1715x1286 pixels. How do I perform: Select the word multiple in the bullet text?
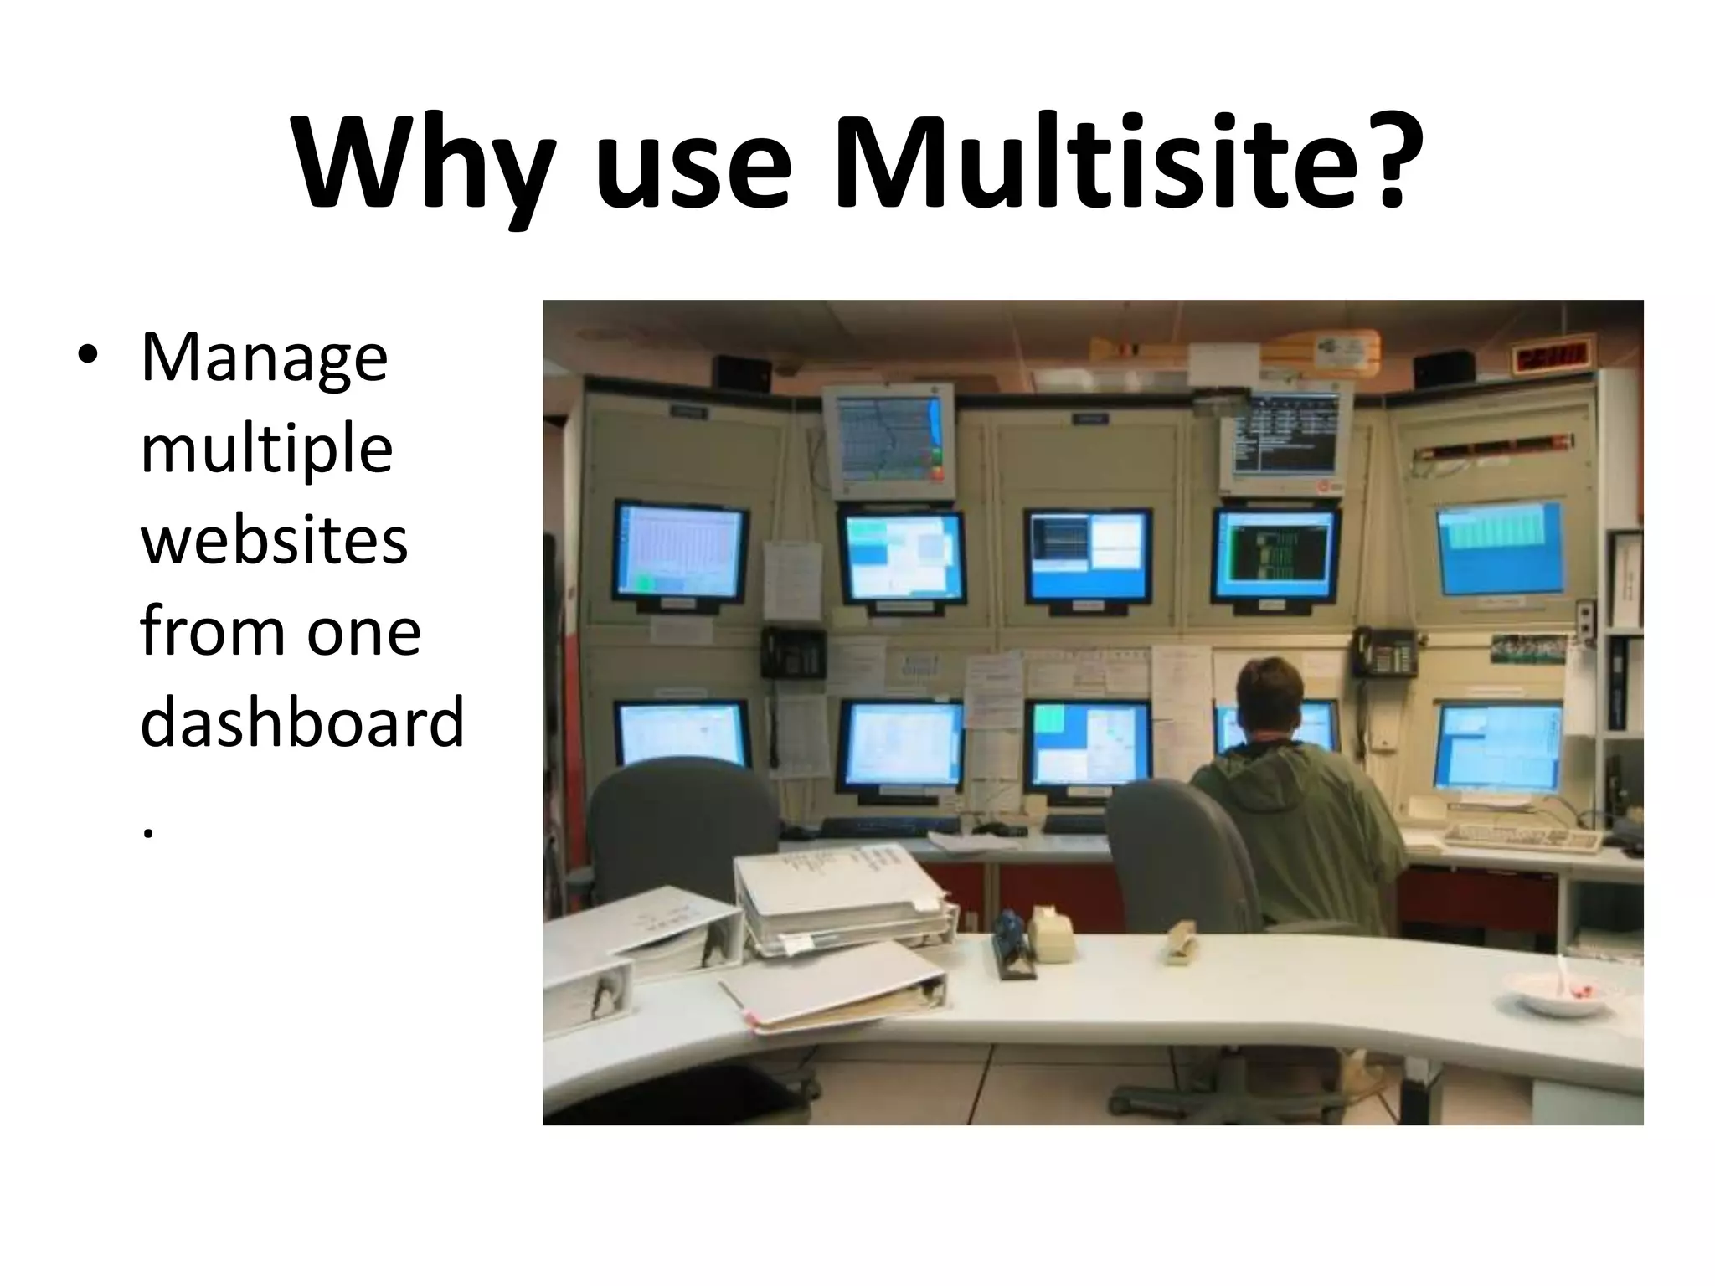coord(266,450)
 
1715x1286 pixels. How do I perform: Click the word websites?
coord(274,540)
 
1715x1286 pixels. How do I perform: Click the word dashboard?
coord(301,722)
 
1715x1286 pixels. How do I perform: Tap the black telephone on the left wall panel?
coord(792,652)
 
